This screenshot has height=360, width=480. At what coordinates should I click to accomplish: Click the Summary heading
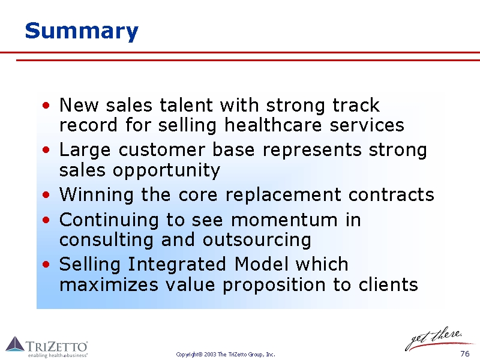[82, 31]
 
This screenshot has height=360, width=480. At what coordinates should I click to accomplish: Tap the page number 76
[464, 353]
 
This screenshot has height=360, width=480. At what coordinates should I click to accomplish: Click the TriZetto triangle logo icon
[15, 344]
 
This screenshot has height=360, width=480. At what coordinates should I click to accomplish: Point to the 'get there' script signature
[434, 338]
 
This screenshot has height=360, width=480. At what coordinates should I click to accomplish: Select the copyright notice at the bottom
[226, 355]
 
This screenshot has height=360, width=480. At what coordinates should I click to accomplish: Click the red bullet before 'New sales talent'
[46, 106]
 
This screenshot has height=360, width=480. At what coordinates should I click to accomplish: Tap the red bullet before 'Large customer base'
[46, 150]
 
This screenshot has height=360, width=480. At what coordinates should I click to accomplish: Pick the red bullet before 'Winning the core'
[46, 194]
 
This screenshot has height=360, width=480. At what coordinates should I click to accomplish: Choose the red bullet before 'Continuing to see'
[46, 220]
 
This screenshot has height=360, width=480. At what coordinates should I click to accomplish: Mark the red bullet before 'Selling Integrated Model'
[46, 264]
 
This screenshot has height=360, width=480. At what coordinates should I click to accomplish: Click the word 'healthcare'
[273, 125]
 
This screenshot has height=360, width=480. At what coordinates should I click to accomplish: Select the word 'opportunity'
[166, 171]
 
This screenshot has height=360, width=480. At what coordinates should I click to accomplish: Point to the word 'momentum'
[284, 220]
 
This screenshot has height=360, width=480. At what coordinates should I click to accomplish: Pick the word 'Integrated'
[176, 265]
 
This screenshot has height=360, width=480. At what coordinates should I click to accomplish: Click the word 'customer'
[162, 151]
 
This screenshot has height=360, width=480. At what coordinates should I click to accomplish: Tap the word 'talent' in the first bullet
[186, 105]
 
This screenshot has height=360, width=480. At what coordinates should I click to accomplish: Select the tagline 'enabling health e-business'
[58, 355]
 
